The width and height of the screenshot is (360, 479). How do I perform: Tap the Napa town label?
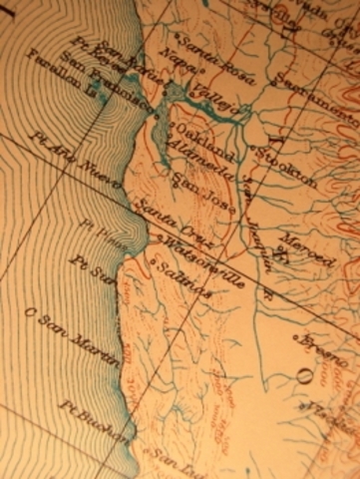coord(176,83)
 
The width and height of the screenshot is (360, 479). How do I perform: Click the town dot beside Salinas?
coord(154,262)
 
